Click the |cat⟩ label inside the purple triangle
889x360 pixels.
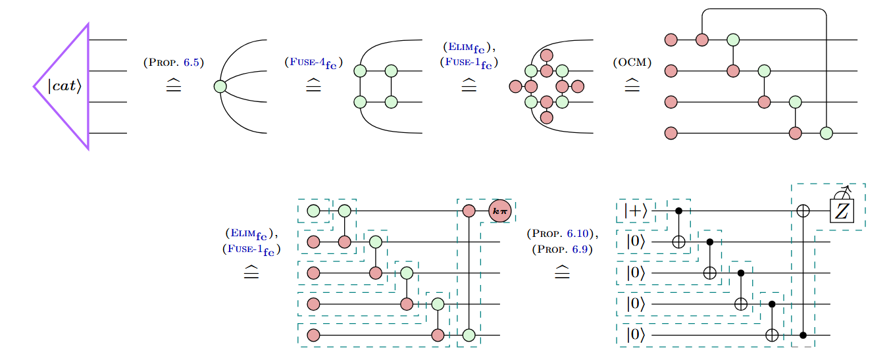coord(64,86)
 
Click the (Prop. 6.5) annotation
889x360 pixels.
coord(174,63)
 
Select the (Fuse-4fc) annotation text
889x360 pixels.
coord(313,63)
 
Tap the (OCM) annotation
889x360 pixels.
coord(632,63)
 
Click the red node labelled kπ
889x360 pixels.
coord(499,211)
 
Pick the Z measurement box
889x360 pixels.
coord(842,211)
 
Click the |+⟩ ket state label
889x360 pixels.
coord(636,211)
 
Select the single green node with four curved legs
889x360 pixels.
coord(220,86)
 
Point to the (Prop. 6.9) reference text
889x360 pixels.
coord(561,249)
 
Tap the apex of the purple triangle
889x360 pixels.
coord(34,86)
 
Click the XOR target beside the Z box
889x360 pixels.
coord(803,211)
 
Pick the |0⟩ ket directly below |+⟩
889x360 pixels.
coord(636,242)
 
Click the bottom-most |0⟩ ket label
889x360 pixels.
coord(636,335)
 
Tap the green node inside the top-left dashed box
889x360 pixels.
coord(314,211)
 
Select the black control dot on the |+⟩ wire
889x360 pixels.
coord(678,211)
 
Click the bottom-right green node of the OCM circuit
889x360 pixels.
coord(826,134)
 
